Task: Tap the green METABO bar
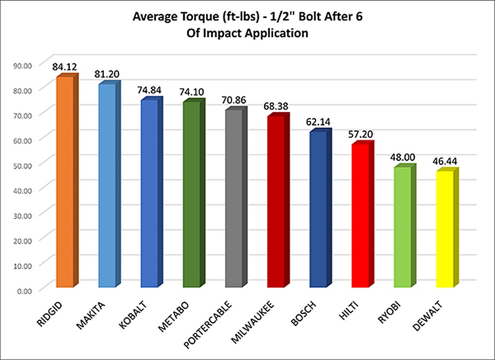coord(192,194)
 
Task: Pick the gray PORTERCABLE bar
coord(234,198)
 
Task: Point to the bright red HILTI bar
coord(360,215)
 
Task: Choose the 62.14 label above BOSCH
coord(318,121)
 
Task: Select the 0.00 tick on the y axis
coord(22,291)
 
